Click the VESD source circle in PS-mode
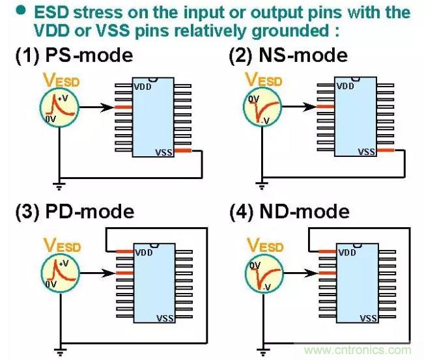(x=59, y=107)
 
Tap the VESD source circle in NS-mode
(x=263, y=107)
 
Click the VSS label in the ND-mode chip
(x=368, y=318)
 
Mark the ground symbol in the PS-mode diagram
(x=59, y=188)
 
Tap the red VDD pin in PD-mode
(x=124, y=251)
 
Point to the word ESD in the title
(x=52, y=12)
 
